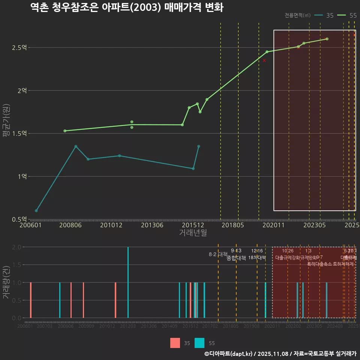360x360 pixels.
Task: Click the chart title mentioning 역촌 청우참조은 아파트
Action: (127, 7)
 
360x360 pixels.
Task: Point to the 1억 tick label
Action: (22, 176)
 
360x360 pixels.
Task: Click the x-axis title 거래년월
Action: (193, 233)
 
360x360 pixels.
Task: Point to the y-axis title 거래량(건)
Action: (6, 282)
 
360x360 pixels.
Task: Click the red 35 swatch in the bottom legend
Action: (175, 343)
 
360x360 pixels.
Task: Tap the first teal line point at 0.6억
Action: (36, 211)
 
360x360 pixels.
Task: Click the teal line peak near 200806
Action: (76, 146)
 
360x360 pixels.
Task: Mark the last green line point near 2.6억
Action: (327, 39)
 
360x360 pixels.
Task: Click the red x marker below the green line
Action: (264, 60)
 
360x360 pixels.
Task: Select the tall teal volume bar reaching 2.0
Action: (128, 282)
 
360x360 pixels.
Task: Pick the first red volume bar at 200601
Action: (31, 300)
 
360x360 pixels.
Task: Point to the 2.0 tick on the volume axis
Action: (16, 247)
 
